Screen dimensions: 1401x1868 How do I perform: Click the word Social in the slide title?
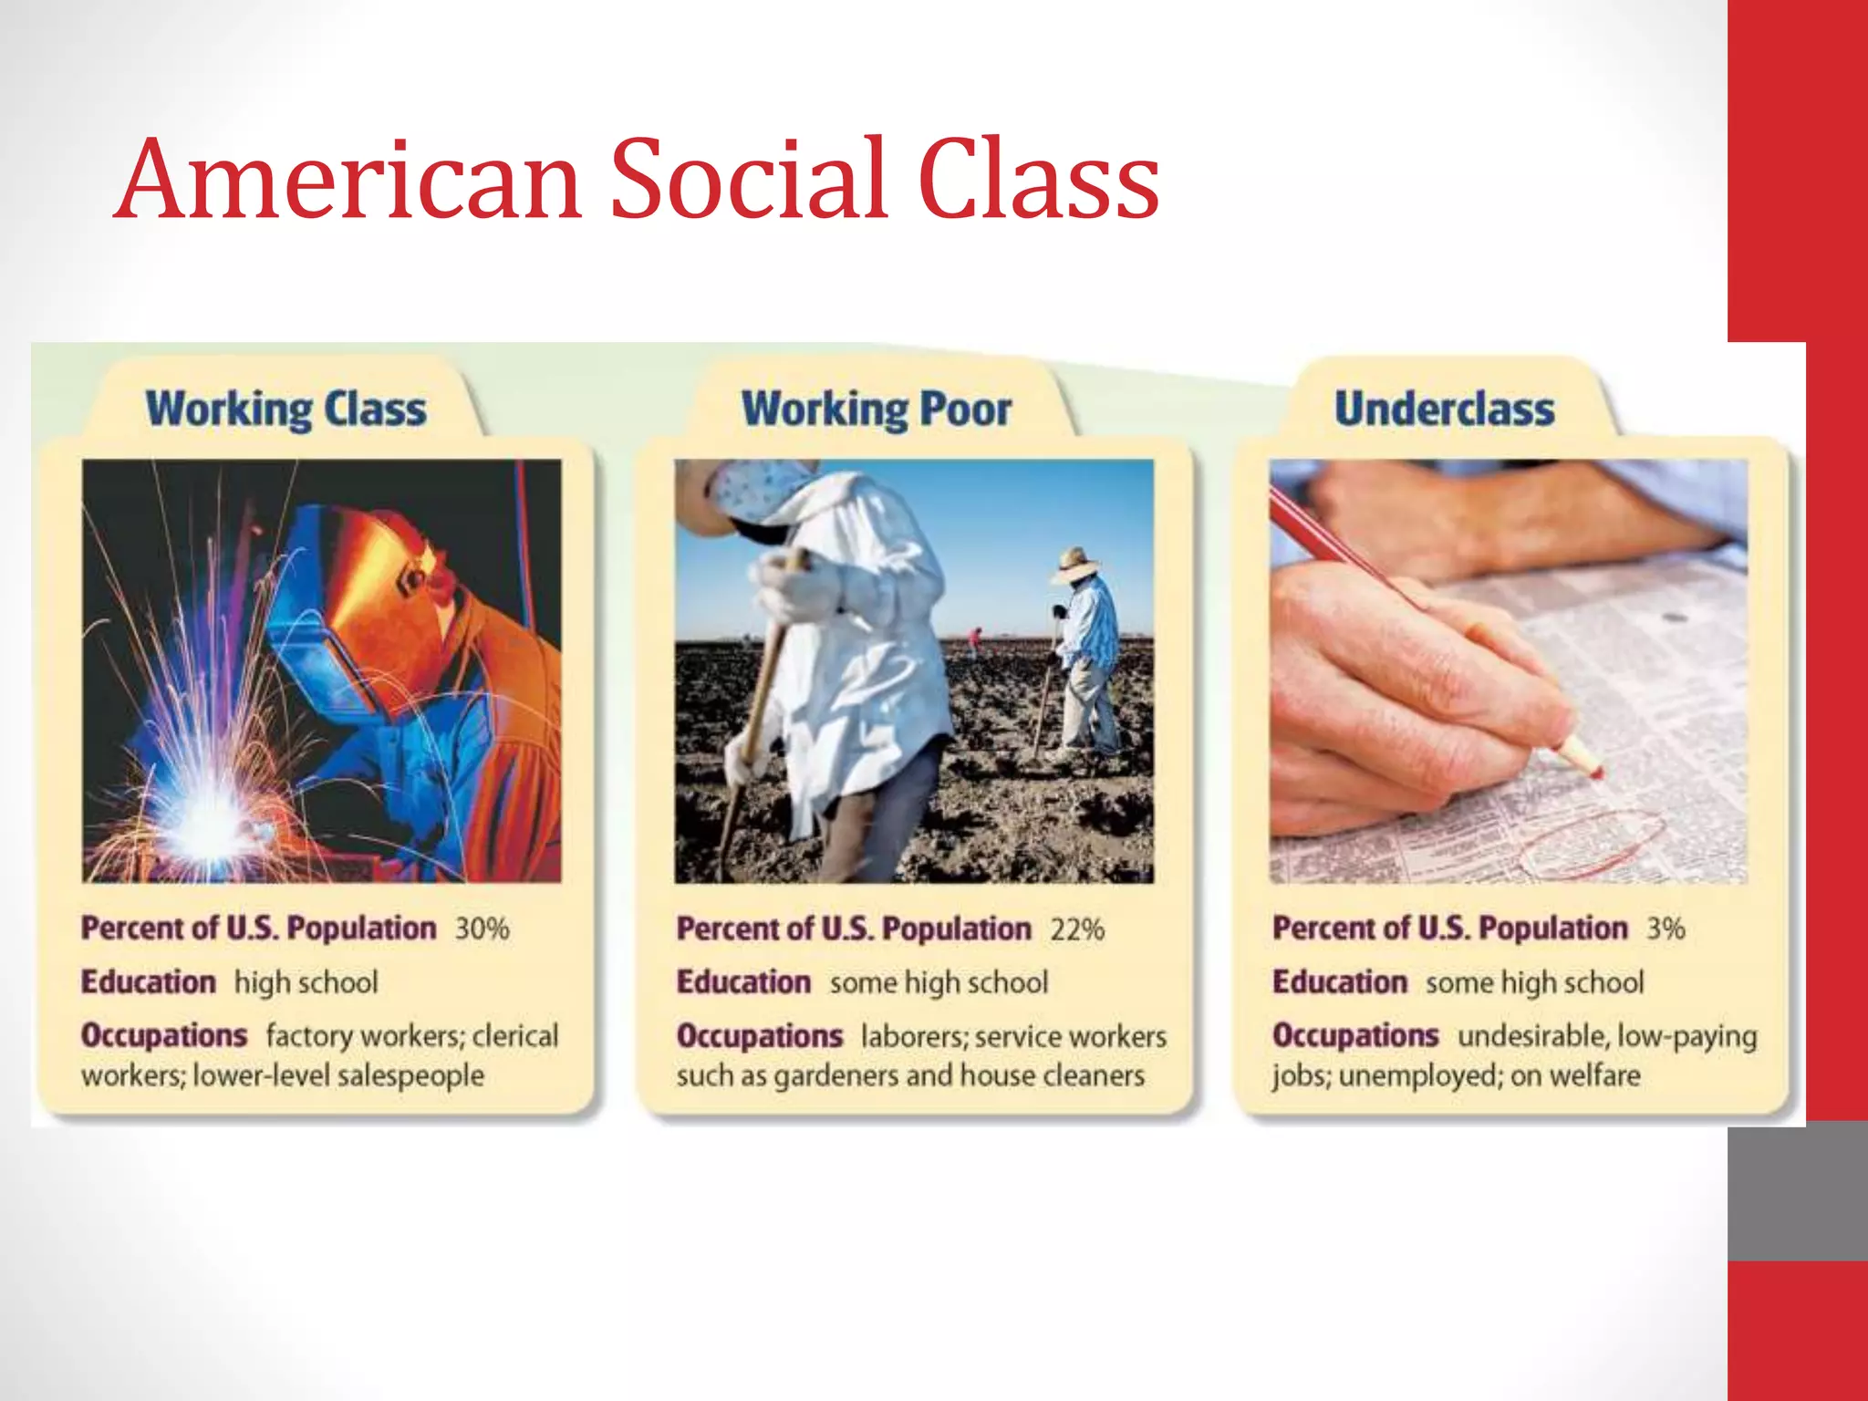pos(748,179)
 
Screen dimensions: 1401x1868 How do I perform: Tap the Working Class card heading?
pos(285,410)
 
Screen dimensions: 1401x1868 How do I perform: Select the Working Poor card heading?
pos(877,410)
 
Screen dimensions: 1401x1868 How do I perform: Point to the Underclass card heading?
pos(1444,410)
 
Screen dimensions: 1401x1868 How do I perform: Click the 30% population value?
pos(482,929)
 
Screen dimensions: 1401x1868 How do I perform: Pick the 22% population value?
pos(1077,929)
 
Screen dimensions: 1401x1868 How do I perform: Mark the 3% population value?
pos(1666,929)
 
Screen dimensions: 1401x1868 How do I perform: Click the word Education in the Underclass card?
pos(1339,982)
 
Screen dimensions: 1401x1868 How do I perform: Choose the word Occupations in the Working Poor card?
pos(759,1036)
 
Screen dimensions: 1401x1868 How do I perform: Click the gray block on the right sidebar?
pos(1797,1190)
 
